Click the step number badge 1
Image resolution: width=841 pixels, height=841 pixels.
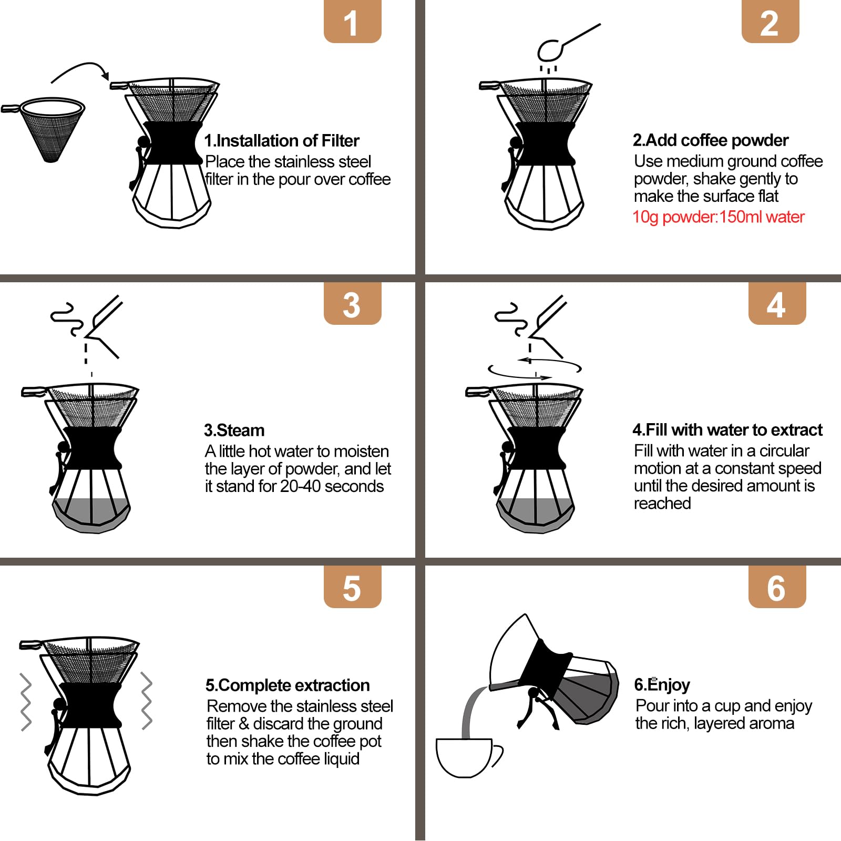point(352,23)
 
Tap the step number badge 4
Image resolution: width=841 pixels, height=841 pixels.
point(776,305)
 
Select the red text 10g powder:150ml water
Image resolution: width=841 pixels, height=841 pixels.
point(718,217)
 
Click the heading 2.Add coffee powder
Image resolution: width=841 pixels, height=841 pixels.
point(710,140)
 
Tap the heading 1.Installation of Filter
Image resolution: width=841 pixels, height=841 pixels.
point(282,141)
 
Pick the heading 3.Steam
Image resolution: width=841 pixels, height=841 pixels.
point(234,430)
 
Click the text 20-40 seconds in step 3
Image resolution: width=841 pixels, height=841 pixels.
point(332,486)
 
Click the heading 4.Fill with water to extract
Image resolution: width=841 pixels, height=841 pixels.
point(727,430)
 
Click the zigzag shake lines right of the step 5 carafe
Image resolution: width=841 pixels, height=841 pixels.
point(147,701)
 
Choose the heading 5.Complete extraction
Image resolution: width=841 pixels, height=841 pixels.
point(288,685)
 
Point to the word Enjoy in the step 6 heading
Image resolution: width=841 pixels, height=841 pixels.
point(669,685)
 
